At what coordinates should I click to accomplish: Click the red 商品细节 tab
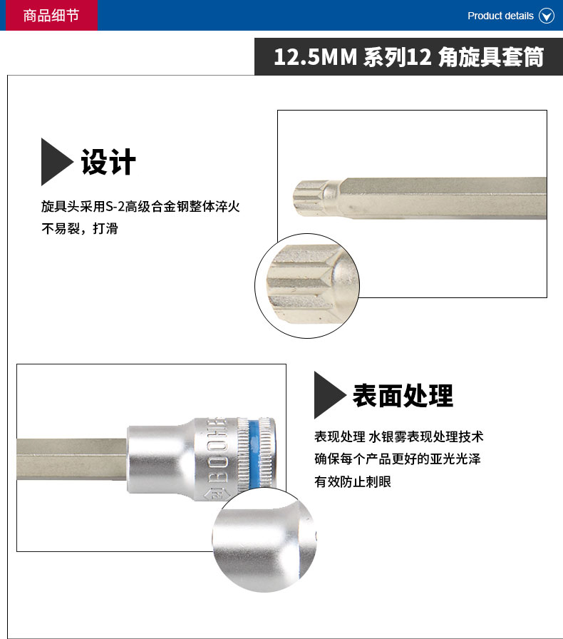click(x=51, y=15)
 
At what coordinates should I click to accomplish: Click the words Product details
click(x=500, y=16)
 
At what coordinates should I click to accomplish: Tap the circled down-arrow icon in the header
click(x=547, y=16)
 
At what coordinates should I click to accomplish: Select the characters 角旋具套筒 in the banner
click(x=491, y=56)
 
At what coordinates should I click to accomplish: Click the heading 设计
click(x=108, y=162)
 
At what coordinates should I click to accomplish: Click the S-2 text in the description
click(x=115, y=207)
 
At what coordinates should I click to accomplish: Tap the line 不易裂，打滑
click(x=79, y=229)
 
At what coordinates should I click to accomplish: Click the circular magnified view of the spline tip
click(x=307, y=286)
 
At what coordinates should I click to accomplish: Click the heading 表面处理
click(x=403, y=396)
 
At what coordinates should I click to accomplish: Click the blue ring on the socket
click(x=254, y=453)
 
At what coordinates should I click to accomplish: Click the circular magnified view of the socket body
click(x=264, y=541)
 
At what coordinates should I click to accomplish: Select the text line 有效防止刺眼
click(x=353, y=481)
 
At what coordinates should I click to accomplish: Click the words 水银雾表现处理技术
click(x=426, y=437)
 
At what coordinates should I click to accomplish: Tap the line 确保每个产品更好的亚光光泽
click(x=398, y=459)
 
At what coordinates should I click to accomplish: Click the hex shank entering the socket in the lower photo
click(x=72, y=459)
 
